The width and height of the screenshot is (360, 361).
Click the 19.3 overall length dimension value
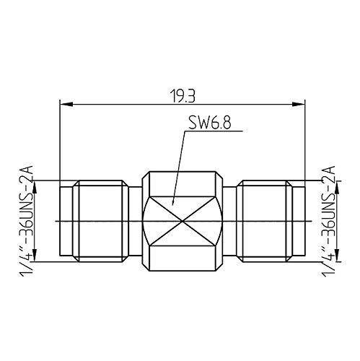180,95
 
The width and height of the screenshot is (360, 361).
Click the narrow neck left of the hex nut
136,219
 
